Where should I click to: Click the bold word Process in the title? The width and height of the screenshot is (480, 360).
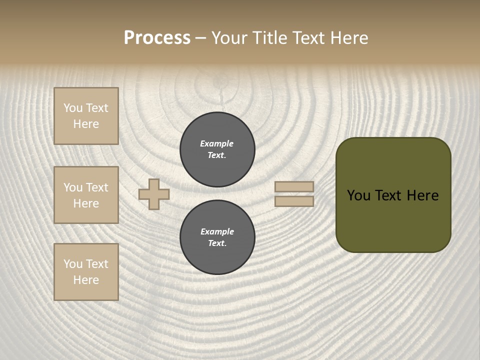(x=157, y=38)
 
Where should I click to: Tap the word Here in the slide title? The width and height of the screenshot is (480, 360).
(x=348, y=38)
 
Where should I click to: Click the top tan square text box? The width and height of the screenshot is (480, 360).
(x=86, y=116)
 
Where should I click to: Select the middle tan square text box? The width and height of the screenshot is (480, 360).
(x=86, y=195)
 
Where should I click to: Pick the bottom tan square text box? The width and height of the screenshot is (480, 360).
(x=86, y=272)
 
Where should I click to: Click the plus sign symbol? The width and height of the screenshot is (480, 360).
(x=154, y=194)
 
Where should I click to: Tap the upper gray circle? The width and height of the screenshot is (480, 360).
(x=217, y=149)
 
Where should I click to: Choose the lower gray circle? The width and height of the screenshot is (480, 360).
(x=217, y=237)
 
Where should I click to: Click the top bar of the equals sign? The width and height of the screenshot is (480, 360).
(x=294, y=186)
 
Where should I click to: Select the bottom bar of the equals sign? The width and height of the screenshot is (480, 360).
(x=294, y=201)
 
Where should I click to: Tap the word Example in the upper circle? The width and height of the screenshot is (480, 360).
(x=216, y=143)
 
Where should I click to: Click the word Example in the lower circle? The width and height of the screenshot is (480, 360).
(x=217, y=231)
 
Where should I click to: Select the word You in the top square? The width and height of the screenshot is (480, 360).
(x=73, y=108)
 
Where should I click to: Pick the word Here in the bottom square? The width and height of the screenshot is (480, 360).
(x=86, y=280)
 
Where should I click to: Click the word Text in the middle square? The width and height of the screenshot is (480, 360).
(x=96, y=187)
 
